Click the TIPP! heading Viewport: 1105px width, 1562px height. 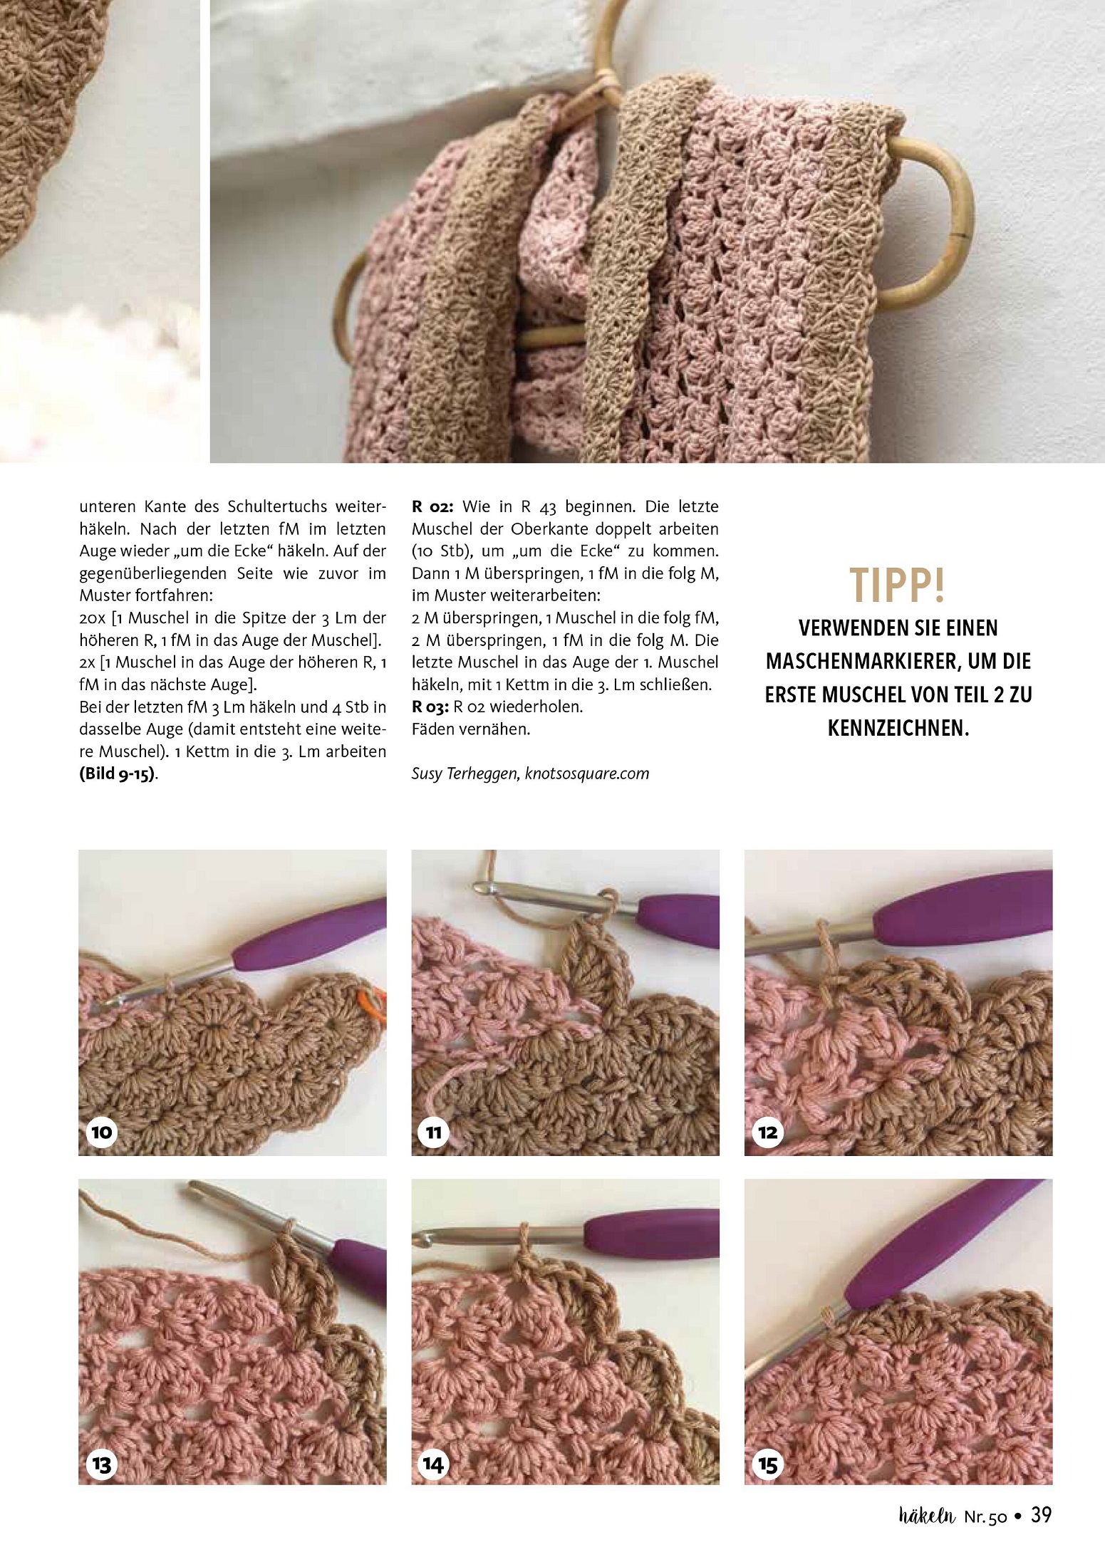tap(898, 585)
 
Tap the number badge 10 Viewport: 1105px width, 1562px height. tap(101, 1132)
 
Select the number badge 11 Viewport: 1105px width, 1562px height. tap(434, 1132)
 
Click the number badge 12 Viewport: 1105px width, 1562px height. tap(767, 1132)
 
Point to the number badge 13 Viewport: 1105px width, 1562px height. tap(101, 1464)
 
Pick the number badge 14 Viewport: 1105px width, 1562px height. tap(434, 1464)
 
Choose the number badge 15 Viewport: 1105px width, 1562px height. tap(767, 1464)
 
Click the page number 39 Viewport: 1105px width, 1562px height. tap(1041, 1515)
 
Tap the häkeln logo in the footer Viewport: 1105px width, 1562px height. tap(927, 1516)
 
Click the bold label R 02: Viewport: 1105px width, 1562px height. tap(432, 506)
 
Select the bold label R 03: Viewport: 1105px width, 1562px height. tap(430, 707)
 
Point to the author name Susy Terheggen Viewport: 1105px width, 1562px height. tap(465, 774)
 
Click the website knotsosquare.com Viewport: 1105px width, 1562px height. tap(587, 774)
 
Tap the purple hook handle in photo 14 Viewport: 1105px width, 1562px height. tap(651, 1233)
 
